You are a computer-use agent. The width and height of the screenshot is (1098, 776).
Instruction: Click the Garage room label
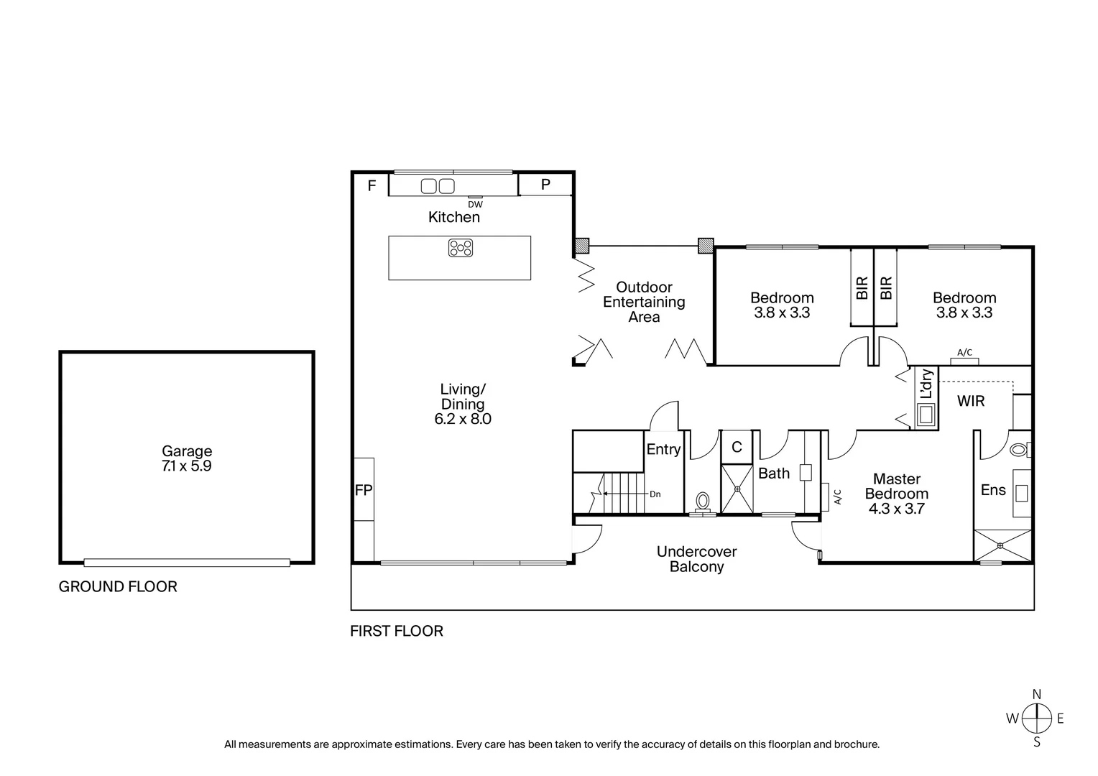(186, 451)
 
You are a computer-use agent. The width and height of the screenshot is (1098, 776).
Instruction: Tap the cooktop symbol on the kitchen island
(460, 248)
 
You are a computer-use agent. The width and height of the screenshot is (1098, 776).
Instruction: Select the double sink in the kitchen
(438, 186)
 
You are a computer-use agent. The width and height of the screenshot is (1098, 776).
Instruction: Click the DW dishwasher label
(475, 205)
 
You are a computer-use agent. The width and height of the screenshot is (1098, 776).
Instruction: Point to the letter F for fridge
(372, 186)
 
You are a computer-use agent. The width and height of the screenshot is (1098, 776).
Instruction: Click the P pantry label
(545, 185)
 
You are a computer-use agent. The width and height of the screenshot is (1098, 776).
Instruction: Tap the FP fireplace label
(364, 491)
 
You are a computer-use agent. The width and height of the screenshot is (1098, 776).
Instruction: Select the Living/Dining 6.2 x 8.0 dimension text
(463, 419)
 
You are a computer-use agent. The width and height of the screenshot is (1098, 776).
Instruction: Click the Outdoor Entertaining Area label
(644, 302)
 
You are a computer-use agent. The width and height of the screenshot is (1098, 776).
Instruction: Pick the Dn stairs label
(655, 494)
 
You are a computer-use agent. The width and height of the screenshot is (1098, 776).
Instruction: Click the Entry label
(663, 450)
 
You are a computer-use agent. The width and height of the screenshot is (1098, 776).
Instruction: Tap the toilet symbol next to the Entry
(702, 499)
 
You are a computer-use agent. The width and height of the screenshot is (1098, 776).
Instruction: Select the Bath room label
(774, 474)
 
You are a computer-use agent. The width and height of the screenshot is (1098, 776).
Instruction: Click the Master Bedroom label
(896, 486)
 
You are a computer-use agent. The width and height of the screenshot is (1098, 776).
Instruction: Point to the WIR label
(970, 402)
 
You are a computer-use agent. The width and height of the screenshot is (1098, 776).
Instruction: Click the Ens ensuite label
(993, 490)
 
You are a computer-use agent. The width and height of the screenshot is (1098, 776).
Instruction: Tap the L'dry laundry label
(926, 384)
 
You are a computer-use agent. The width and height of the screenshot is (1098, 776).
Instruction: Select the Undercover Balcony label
(696, 559)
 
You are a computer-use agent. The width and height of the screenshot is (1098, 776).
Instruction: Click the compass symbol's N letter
(1036, 694)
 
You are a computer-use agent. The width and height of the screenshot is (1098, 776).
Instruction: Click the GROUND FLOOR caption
(118, 586)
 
